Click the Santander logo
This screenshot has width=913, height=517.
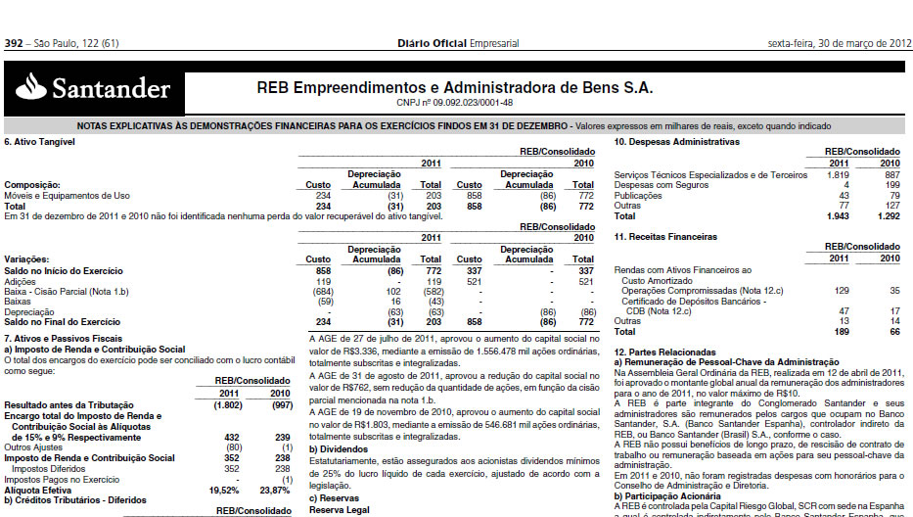click(94, 90)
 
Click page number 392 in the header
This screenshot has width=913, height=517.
click(14, 44)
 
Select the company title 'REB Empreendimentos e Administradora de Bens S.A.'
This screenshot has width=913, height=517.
click(454, 87)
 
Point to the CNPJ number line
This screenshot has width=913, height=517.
click(454, 102)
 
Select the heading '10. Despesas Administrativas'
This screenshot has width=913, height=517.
click(676, 143)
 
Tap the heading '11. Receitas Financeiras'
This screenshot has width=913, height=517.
click(664, 237)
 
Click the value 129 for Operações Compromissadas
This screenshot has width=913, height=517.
click(841, 291)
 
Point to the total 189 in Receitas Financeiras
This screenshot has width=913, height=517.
click(841, 332)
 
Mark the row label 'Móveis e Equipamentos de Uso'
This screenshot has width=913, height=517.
click(67, 195)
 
